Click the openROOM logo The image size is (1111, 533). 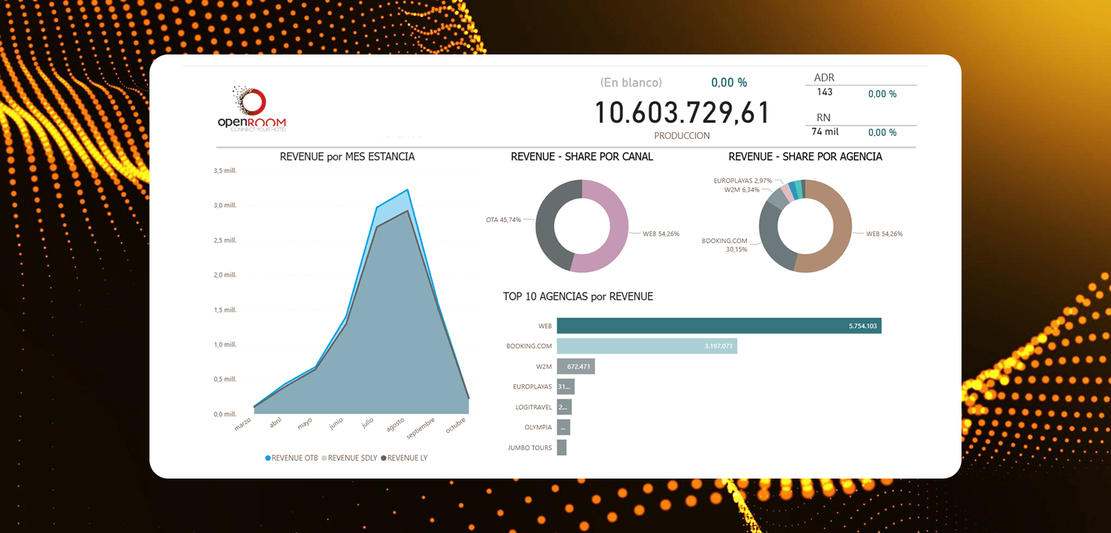[x=252, y=110]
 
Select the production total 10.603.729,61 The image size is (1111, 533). [x=682, y=113]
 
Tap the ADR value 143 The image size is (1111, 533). [x=825, y=92]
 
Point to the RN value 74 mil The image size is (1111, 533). [x=825, y=131]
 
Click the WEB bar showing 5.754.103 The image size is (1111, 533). [x=718, y=326]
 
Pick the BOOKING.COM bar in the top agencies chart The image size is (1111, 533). [x=646, y=346]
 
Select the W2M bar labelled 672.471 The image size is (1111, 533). [x=575, y=366]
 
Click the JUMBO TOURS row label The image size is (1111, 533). [x=529, y=448]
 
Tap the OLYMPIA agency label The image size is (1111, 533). [x=538, y=427]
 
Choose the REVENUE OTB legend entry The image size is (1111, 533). [x=292, y=458]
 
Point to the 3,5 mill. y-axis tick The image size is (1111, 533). [x=224, y=171]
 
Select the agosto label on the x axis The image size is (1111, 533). [x=395, y=425]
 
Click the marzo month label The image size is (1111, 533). [x=243, y=424]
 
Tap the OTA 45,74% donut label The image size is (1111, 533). [x=503, y=220]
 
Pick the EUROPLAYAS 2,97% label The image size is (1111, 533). [x=742, y=180]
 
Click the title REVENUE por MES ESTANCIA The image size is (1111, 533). [x=347, y=157]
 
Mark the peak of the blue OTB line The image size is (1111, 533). [x=407, y=190]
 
